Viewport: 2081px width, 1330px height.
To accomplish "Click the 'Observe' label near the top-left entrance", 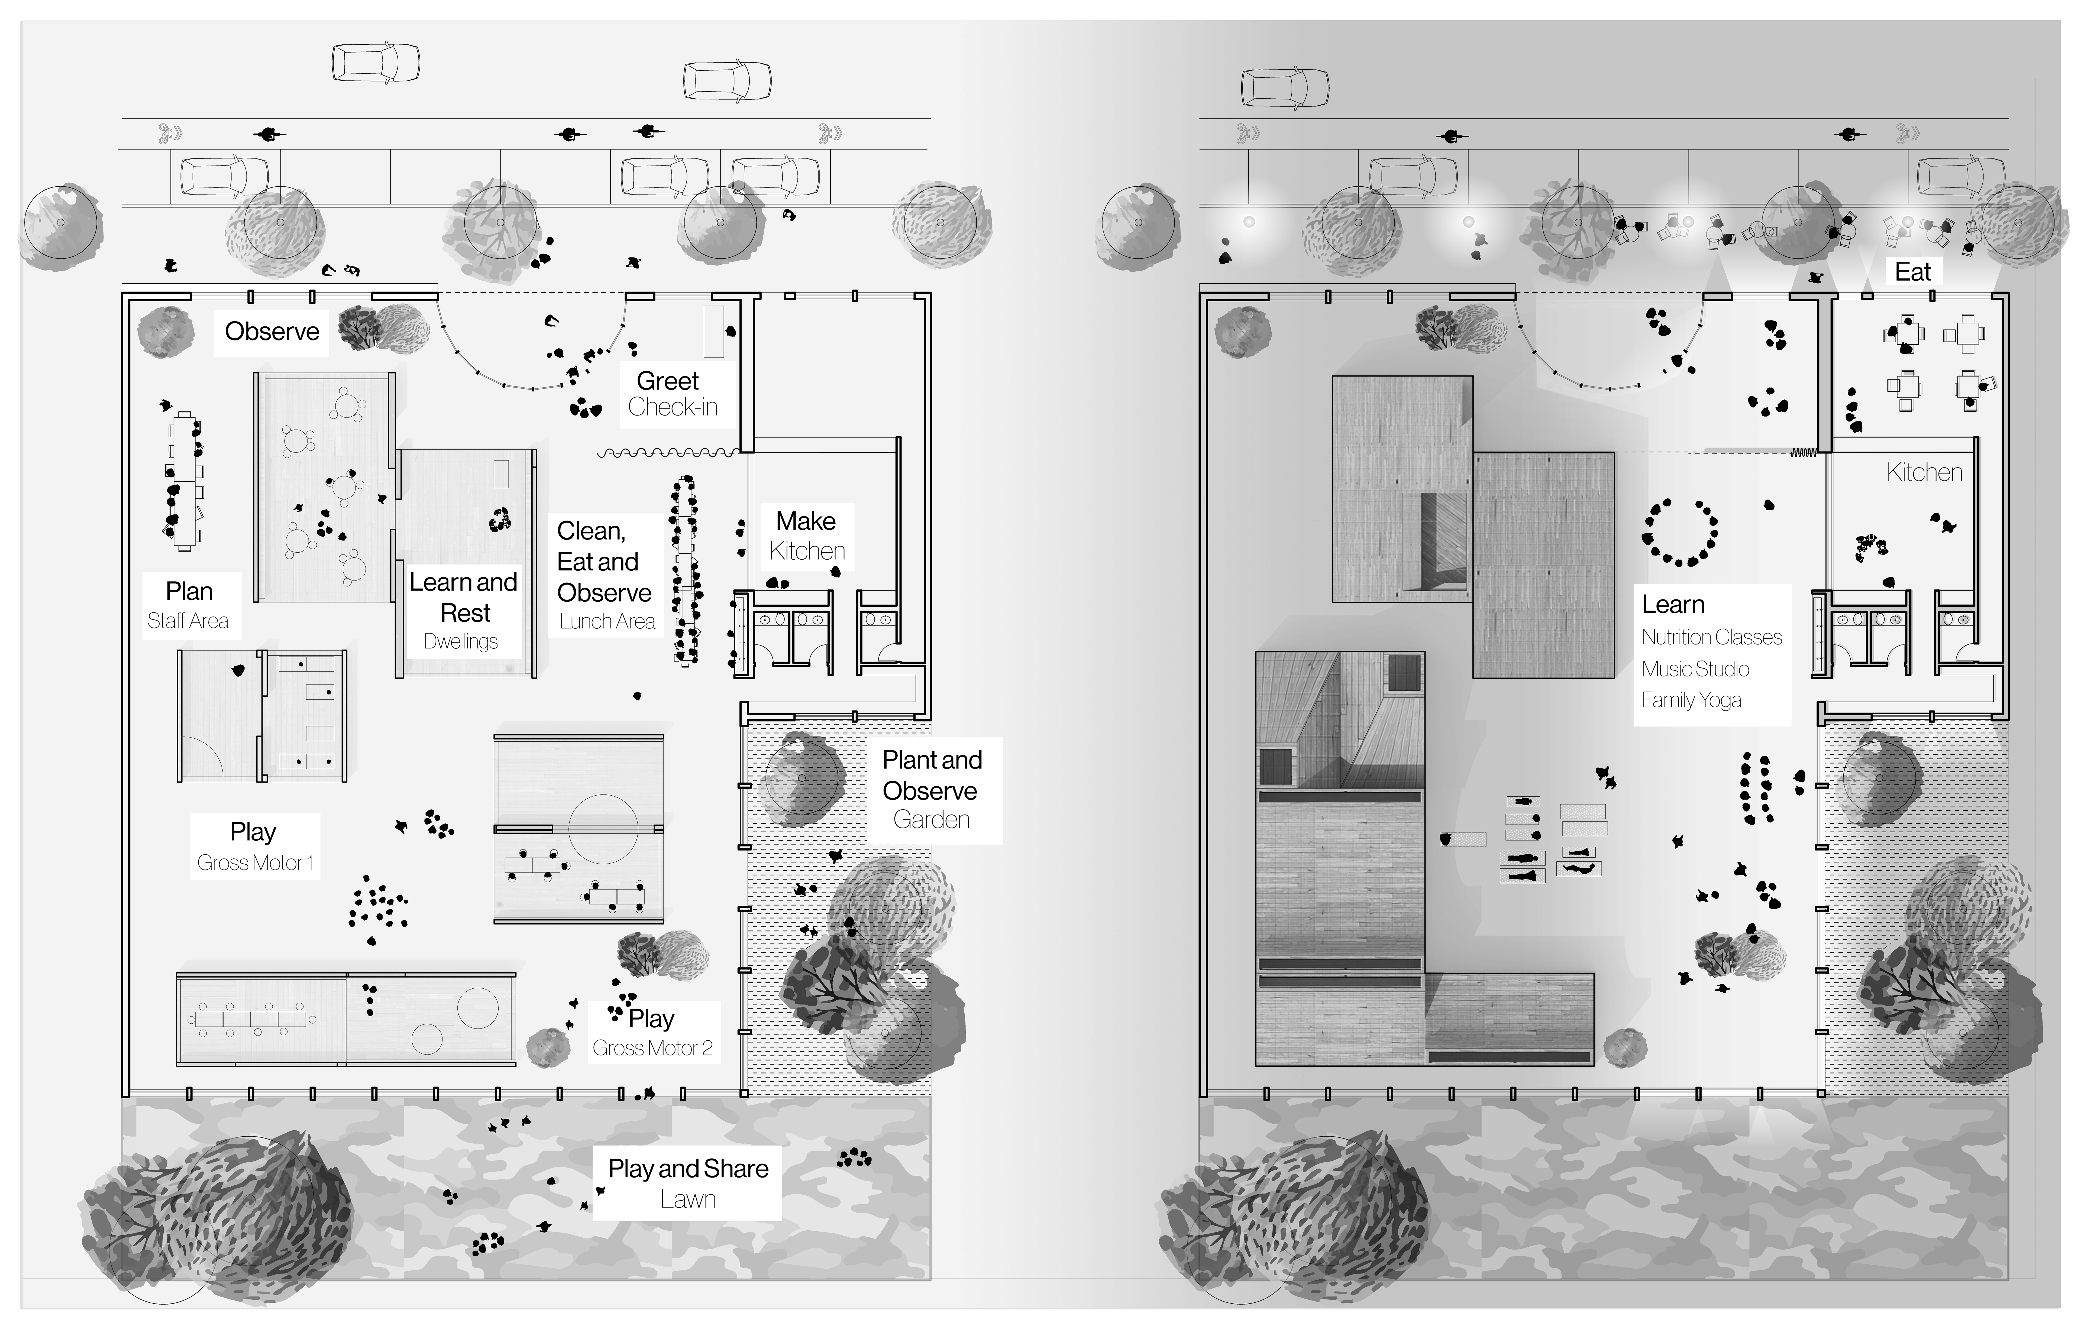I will (271, 332).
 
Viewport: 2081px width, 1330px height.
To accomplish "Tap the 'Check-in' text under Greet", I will (672, 407).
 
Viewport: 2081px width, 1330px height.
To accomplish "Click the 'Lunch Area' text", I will (607, 621).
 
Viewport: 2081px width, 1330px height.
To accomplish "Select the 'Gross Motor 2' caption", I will (652, 1048).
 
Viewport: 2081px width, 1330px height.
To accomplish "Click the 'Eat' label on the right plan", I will (1912, 272).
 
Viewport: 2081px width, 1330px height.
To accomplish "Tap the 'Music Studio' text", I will (1696, 669).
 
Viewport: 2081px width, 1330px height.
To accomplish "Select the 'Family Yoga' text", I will (1691, 700).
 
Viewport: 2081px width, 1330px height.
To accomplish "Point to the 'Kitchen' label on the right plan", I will (1924, 473).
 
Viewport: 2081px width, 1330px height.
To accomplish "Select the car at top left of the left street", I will (376, 63).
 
